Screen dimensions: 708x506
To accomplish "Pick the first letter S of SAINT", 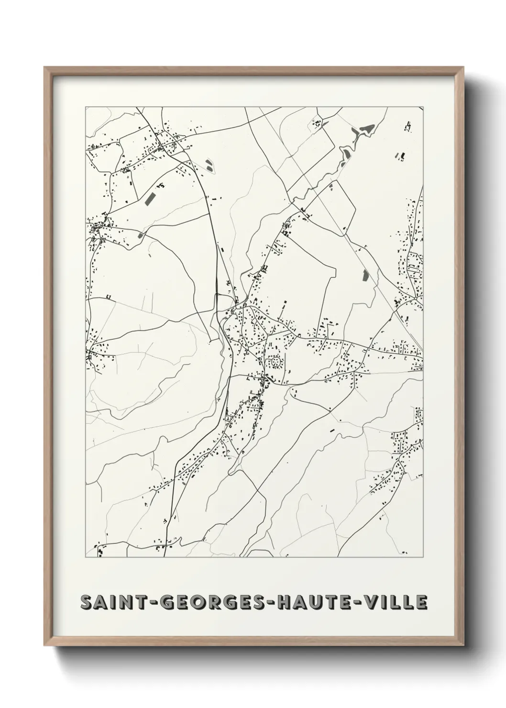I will click(x=87, y=603).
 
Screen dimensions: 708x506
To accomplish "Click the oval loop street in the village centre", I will click(x=275, y=362).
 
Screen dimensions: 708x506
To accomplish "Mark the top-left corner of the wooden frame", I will click(x=45, y=67).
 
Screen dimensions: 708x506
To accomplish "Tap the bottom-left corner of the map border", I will click(x=86, y=557).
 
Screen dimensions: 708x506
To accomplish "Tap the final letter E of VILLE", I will click(x=421, y=603).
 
